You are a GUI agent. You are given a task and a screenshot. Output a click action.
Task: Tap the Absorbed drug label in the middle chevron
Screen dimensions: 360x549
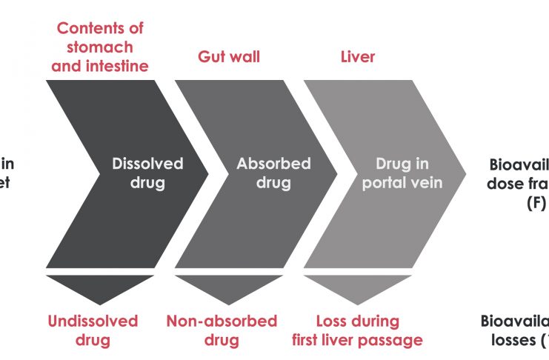273,173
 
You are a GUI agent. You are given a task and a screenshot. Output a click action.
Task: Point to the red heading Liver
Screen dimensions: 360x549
358,56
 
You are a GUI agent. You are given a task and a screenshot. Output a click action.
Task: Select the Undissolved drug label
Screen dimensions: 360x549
93,330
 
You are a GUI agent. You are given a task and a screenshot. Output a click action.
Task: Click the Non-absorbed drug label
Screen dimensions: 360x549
222,330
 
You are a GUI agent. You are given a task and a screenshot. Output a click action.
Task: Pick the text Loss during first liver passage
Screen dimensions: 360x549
358,330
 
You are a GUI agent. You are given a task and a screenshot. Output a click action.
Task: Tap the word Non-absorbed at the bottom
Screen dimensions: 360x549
222,321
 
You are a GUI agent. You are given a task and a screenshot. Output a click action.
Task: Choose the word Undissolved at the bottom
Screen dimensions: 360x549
93,321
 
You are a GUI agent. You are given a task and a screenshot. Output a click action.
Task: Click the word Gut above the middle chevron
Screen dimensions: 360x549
212,56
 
